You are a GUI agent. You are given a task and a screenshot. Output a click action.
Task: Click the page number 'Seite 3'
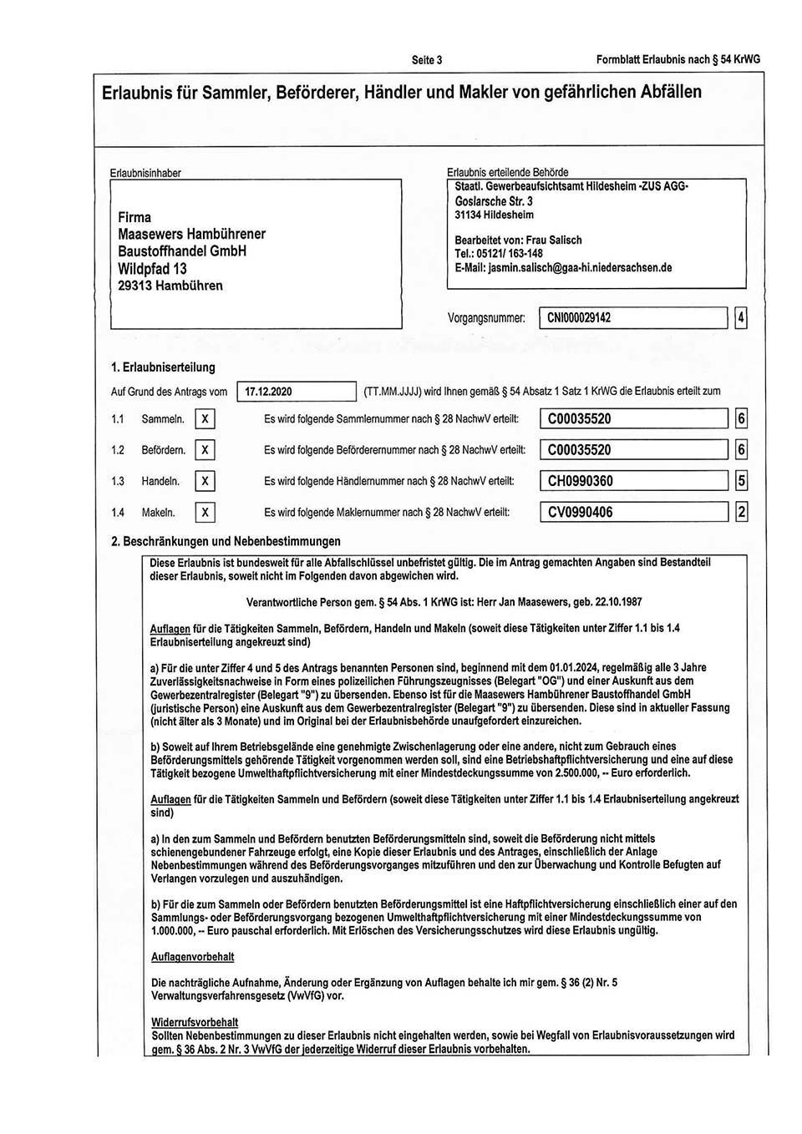427,59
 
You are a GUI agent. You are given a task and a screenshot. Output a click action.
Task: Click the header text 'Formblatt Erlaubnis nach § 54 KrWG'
678,59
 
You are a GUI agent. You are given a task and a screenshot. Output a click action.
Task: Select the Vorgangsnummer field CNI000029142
632,318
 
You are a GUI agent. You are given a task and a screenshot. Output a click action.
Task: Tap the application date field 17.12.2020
297,392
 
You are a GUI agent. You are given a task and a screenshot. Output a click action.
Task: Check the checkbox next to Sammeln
205,419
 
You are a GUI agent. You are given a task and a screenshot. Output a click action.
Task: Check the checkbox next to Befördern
205,450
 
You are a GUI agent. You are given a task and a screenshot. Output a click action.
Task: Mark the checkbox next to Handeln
205,481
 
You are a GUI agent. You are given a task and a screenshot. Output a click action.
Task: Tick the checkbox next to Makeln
205,513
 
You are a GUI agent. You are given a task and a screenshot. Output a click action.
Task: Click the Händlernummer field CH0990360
633,481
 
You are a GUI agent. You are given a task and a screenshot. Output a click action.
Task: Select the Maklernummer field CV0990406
633,513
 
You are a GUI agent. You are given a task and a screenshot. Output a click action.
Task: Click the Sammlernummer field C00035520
633,419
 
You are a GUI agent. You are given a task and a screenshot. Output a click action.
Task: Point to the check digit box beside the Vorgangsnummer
740,318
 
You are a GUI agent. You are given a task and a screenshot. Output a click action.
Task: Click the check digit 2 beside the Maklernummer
740,513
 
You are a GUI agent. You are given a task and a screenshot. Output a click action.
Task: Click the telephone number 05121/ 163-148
510,254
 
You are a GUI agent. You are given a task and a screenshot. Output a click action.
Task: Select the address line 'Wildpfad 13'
152,269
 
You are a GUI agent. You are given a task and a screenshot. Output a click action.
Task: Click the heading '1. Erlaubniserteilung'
163,367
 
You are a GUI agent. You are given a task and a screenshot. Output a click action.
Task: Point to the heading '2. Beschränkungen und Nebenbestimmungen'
226,541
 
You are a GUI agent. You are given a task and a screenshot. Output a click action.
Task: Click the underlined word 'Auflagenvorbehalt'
192,957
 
